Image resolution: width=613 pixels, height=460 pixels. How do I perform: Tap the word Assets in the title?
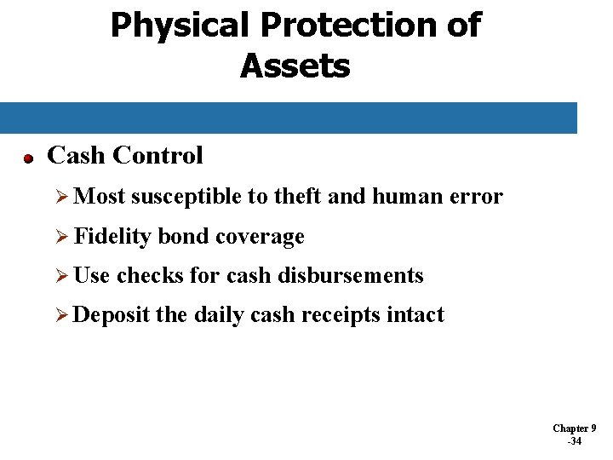click(295, 66)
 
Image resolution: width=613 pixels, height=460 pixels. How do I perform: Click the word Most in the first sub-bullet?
click(100, 197)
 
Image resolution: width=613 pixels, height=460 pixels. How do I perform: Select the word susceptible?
click(186, 197)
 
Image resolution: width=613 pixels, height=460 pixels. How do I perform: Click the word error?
click(478, 197)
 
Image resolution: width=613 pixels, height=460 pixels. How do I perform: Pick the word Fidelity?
click(113, 236)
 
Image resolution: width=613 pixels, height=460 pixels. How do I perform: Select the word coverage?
click(260, 236)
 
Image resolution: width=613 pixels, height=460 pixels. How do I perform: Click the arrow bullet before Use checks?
click(60, 276)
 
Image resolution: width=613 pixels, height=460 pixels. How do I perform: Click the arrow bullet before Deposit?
click(60, 315)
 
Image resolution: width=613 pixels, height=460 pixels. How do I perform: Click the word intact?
click(415, 315)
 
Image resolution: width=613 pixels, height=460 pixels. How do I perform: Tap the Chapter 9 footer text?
click(574, 428)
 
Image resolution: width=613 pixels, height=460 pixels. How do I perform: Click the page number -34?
click(574, 441)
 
